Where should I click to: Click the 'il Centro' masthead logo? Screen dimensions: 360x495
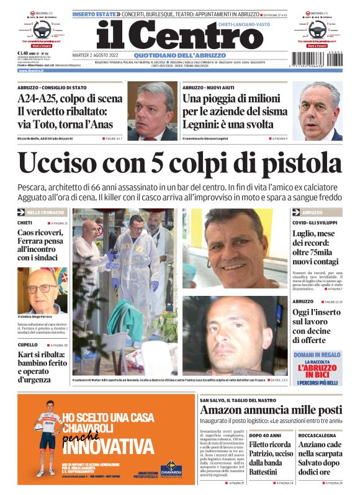(x=171, y=35)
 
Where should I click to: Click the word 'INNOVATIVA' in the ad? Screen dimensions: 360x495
(x=106, y=447)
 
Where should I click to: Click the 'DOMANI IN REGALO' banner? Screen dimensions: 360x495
(x=317, y=355)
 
